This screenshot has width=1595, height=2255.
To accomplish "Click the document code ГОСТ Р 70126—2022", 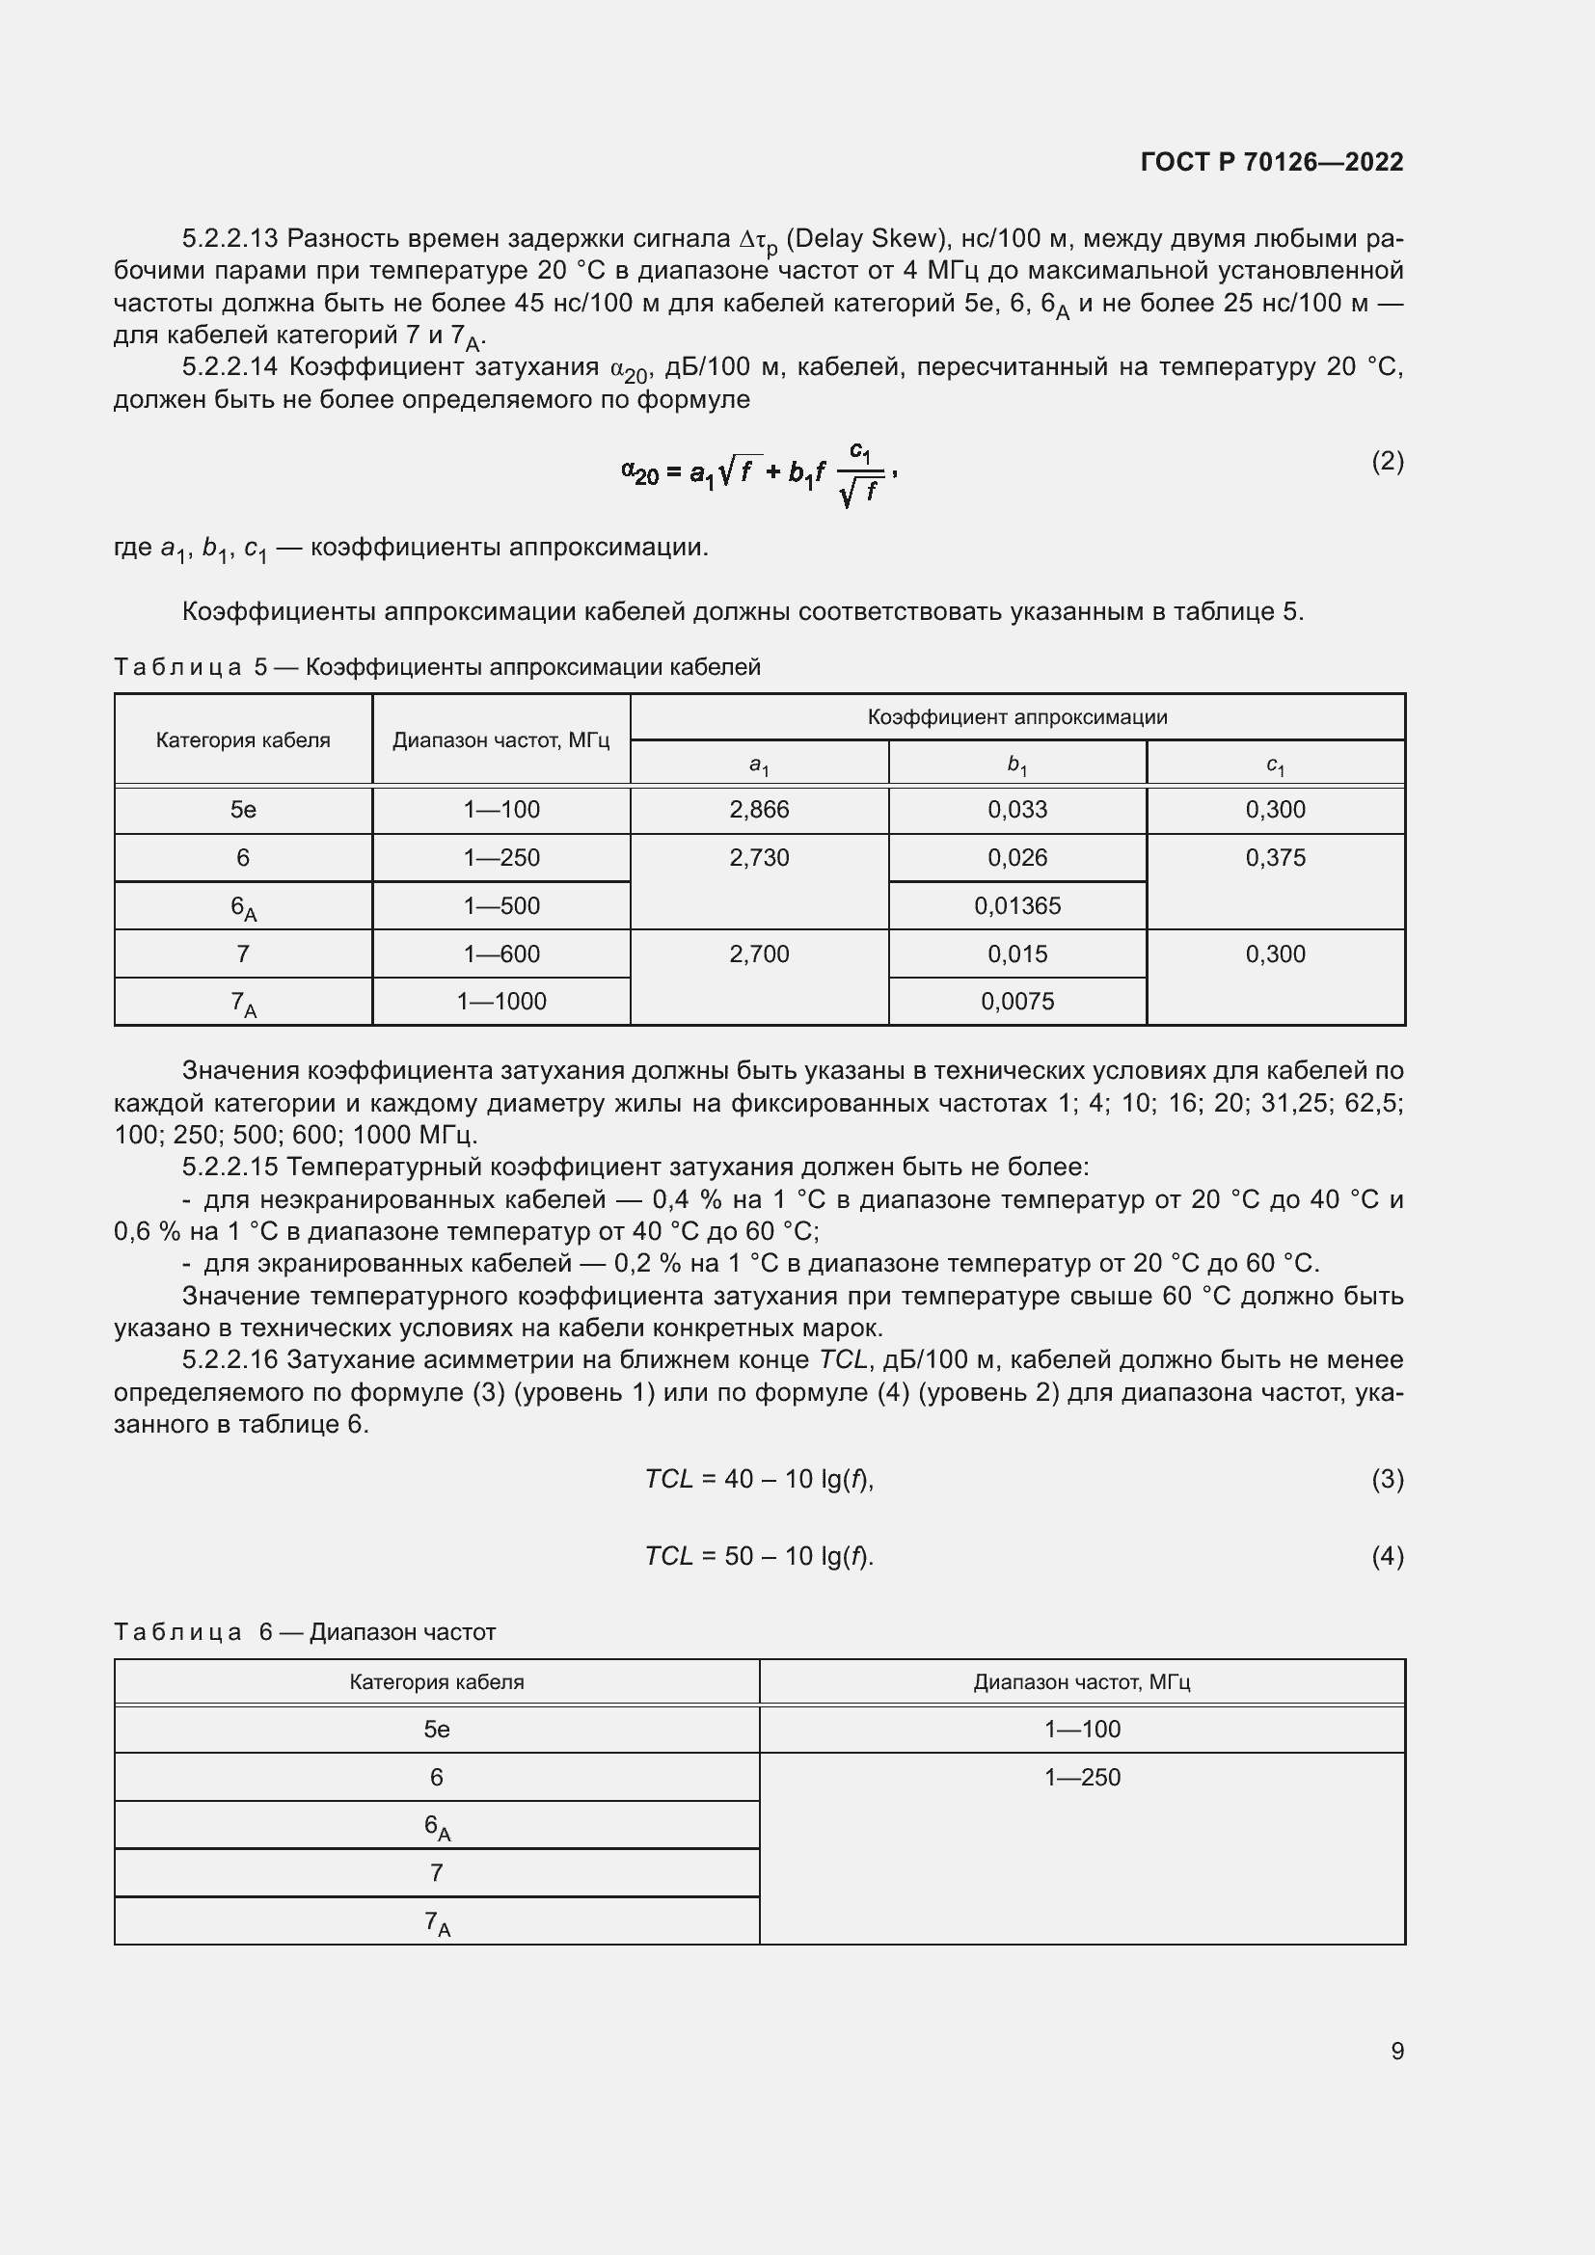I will [x=1271, y=162].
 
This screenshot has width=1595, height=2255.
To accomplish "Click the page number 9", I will [x=1396, y=2051].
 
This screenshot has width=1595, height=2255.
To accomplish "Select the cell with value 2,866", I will [x=758, y=809].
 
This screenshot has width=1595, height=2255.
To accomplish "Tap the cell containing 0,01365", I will [x=1016, y=905].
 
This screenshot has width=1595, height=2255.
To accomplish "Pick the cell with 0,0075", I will [x=1016, y=1001].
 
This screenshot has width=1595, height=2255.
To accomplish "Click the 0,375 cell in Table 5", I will [x=1275, y=857].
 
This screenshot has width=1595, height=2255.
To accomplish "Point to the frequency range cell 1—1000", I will [x=500, y=1001].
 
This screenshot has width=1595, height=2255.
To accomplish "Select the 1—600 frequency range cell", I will [x=500, y=953].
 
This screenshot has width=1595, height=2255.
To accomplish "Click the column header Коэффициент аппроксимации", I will [x=1016, y=717].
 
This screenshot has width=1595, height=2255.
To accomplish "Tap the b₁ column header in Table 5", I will [x=1016, y=764].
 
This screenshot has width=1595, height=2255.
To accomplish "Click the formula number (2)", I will [x=1387, y=461].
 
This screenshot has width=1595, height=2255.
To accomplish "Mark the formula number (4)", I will [x=1387, y=1556].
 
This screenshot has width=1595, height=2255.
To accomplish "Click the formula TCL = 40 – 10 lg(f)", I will [x=758, y=1479].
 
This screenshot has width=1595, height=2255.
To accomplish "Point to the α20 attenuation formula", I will [x=758, y=473].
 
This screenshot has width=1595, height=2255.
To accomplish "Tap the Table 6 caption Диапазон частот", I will [x=402, y=1631].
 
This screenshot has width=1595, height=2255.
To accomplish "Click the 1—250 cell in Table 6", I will [x=1081, y=1777].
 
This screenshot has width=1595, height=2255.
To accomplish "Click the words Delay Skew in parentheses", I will [x=863, y=239].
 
